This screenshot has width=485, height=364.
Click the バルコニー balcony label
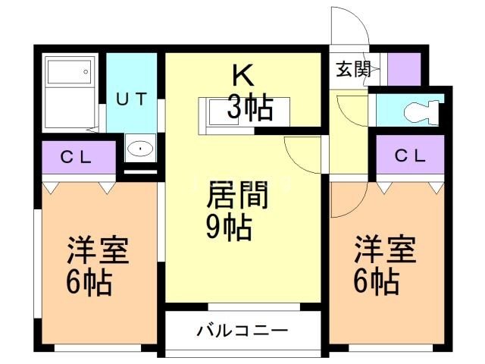242,331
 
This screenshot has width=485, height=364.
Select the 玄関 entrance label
353,69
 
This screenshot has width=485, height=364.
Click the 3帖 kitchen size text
249,110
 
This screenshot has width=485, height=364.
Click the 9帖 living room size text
230,227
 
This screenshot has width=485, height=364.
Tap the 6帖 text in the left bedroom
89,284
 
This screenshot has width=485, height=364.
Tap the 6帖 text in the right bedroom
377,283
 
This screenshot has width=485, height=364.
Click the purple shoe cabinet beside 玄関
404,69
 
